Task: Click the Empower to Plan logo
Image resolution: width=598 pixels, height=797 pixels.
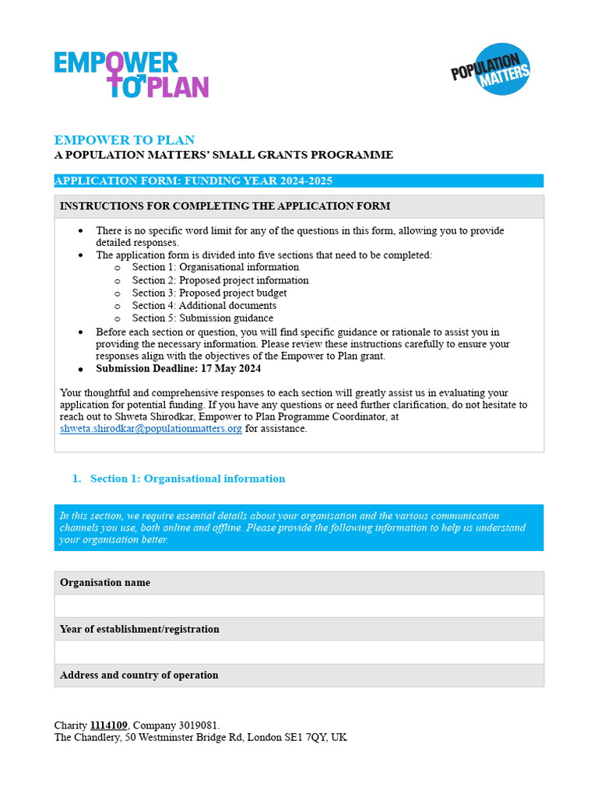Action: point(131,75)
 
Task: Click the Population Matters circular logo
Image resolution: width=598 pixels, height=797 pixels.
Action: point(491,69)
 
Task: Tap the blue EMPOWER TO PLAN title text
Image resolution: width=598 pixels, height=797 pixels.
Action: point(125,140)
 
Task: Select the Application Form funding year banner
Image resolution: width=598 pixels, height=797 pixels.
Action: point(298,181)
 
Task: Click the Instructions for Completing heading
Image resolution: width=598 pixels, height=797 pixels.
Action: point(225,206)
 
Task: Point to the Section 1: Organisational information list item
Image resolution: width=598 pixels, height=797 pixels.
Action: point(215,267)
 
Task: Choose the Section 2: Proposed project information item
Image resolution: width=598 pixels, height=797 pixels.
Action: point(220,280)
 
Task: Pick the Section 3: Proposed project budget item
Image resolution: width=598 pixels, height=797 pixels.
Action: point(209,293)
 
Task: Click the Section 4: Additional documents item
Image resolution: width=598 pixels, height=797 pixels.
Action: point(204,306)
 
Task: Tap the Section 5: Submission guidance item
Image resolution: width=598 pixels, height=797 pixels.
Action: point(202,318)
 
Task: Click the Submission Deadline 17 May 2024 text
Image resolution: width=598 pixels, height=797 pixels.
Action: point(178,369)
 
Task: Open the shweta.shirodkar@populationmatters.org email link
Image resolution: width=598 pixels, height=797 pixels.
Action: point(151,429)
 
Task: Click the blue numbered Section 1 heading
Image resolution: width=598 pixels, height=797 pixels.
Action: point(187,479)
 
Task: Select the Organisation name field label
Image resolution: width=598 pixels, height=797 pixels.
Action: point(105,583)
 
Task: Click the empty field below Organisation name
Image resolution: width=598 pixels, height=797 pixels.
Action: point(299,606)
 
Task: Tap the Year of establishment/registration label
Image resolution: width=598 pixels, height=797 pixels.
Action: point(139,629)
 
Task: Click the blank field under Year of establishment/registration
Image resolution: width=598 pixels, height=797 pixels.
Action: point(299,652)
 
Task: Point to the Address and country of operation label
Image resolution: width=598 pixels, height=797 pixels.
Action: point(139,676)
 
